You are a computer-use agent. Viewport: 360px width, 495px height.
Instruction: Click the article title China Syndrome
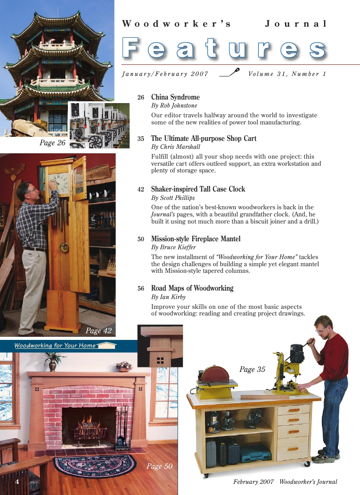[175, 97]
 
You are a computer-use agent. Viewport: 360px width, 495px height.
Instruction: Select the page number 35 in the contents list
[141, 139]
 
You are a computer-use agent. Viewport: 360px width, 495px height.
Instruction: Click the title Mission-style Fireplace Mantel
[196, 239]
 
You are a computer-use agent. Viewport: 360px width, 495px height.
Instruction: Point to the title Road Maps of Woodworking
[192, 288]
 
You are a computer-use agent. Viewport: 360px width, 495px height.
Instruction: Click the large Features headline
[224, 48]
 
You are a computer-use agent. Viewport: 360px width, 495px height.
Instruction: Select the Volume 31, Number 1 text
[287, 74]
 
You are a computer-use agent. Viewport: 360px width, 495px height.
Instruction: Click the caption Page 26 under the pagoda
[52, 143]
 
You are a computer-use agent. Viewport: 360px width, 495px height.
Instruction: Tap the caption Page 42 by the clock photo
[99, 331]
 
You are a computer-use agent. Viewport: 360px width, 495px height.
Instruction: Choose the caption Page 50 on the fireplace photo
[159, 466]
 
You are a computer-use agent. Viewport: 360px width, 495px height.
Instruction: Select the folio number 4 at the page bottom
[17, 482]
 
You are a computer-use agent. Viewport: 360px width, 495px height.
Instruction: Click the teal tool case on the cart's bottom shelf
[256, 453]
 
